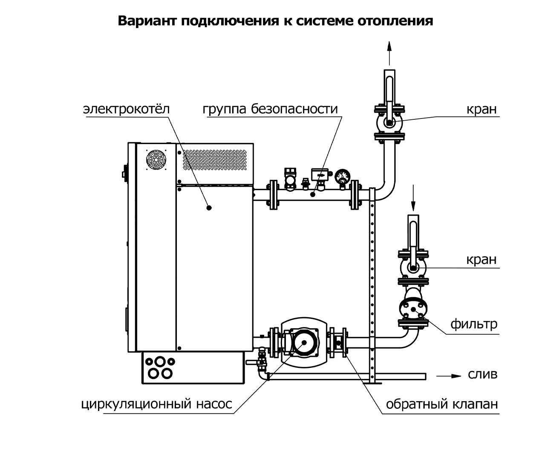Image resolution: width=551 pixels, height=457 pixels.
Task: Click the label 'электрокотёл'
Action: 126,109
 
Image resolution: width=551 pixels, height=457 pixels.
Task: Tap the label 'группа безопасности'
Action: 270,109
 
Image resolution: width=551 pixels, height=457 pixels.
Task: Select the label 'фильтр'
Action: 474,324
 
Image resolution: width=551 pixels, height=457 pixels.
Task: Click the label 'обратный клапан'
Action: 442,404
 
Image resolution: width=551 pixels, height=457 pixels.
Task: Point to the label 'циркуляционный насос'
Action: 157,404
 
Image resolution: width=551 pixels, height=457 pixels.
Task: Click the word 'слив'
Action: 483,374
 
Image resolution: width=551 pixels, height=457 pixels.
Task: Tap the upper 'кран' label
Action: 482,109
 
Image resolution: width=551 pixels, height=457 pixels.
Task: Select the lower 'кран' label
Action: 482,260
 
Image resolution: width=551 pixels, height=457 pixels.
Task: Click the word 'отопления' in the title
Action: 395,21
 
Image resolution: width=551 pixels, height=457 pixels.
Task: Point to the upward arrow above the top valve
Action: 389,53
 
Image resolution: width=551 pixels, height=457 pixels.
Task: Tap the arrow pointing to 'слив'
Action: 449,376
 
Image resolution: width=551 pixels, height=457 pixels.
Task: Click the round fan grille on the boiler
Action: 156,160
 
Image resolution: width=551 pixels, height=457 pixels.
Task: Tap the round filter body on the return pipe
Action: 413,309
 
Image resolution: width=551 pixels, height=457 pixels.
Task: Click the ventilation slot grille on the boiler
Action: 215,160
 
